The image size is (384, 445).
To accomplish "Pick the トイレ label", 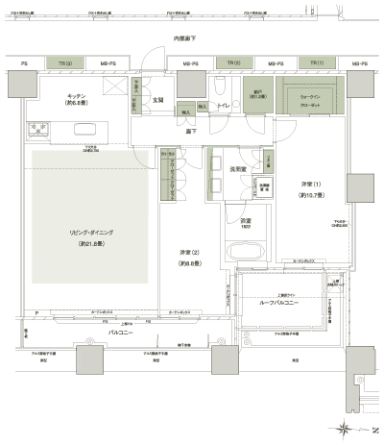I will [x=222, y=110].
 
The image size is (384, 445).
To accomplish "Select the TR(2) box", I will [x=234, y=63].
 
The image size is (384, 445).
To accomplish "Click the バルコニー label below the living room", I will [x=120, y=332].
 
